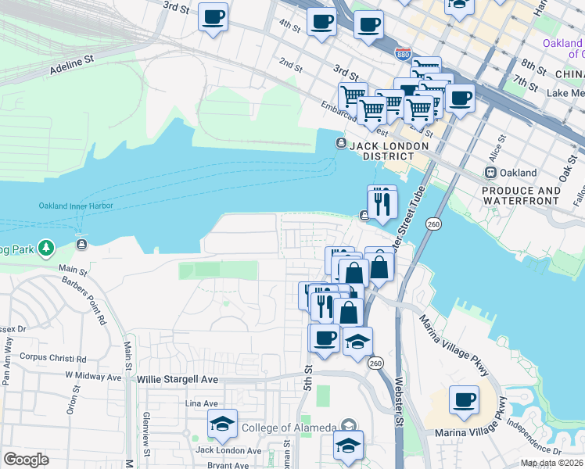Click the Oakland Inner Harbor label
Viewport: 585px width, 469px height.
[x=76, y=206]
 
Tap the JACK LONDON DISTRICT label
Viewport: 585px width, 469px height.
[x=389, y=151]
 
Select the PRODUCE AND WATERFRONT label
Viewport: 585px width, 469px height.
[x=521, y=195]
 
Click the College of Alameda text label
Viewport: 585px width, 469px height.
[x=289, y=427]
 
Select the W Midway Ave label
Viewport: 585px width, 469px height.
[x=93, y=376]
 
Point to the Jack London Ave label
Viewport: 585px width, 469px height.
[x=228, y=450]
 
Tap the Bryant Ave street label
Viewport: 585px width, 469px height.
[x=228, y=465]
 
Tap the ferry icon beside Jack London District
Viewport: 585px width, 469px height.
[x=341, y=142]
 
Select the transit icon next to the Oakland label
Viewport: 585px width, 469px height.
[x=491, y=173]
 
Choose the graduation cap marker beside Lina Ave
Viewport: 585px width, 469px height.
[x=222, y=424]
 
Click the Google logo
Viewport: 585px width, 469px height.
[x=26, y=460]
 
